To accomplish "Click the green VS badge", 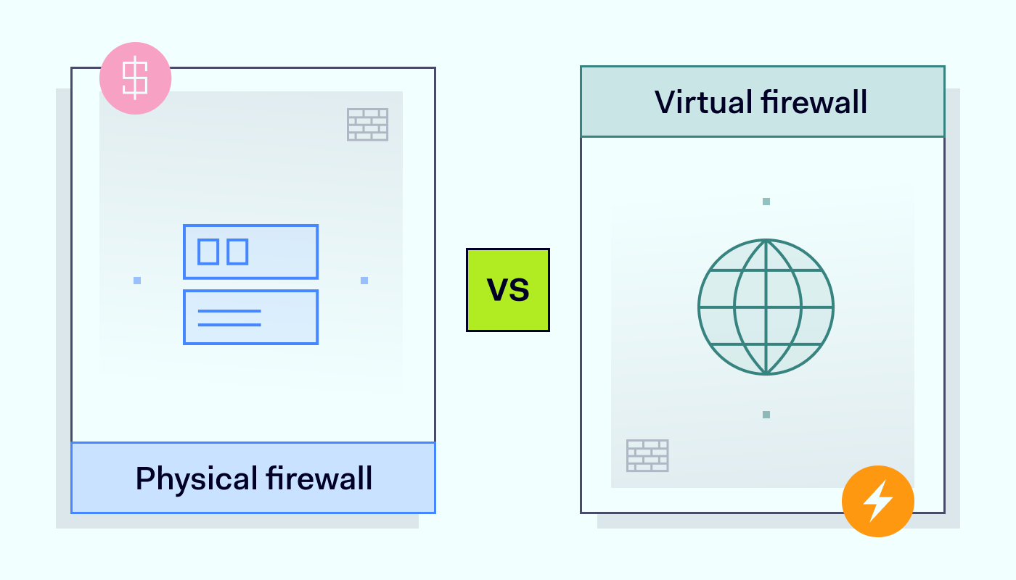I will [507, 290].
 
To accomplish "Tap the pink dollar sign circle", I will [135, 78].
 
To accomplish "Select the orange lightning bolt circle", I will [877, 501].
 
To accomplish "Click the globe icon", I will [766, 307].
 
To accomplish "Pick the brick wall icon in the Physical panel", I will [367, 124].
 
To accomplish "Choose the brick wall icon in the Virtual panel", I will [647, 455].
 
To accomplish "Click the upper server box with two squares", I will [250, 252].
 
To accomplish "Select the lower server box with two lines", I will [250, 317].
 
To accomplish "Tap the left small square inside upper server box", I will [208, 252].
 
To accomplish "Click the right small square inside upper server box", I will [237, 252].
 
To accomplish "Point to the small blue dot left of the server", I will [137, 281].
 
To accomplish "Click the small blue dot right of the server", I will [364, 281].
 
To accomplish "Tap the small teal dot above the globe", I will [766, 202].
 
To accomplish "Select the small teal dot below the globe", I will [766, 415].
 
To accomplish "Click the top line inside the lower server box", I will [229, 311].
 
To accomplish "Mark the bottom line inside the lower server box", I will [229, 324].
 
